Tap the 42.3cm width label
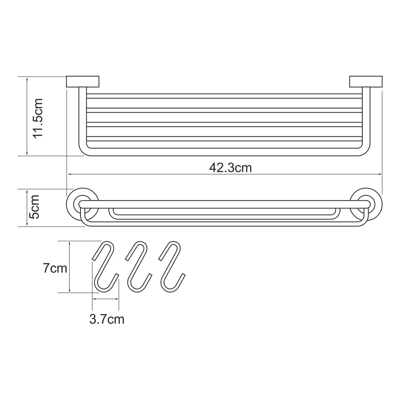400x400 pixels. tap(230, 168)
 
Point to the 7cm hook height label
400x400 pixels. tap(55, 268)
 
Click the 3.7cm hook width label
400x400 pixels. tap(107, 319)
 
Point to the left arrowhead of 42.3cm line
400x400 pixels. tap(70, 174)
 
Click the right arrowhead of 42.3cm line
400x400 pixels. tap(380, 174)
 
